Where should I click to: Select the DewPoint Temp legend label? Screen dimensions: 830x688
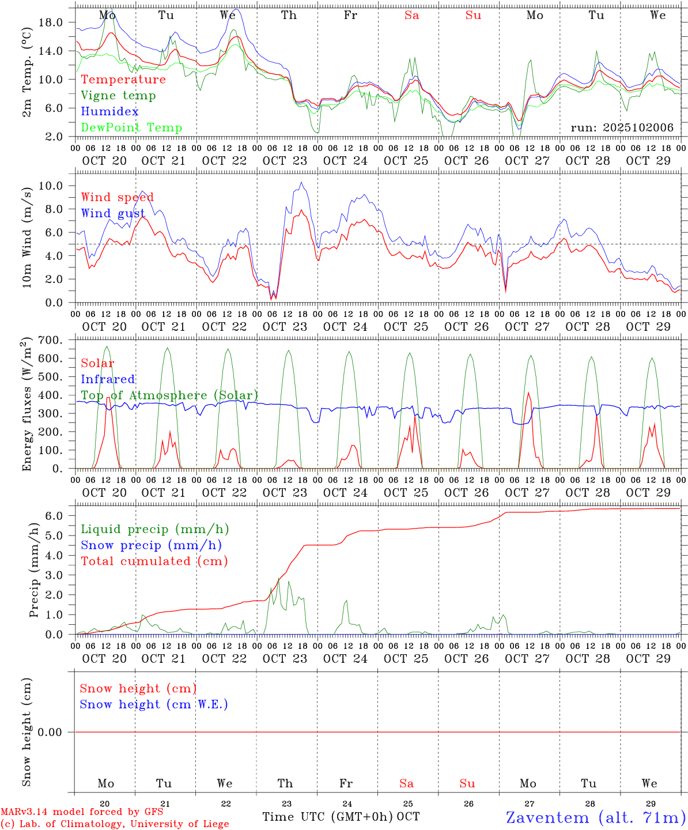(x=131, y=127)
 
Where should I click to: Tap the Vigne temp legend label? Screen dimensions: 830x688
(x=118, y=95)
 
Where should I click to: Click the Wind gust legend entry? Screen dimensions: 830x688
(x=113, y=213)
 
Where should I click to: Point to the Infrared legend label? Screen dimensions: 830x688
(x=108, y=379)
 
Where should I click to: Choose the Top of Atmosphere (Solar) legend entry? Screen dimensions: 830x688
(x=169, y=395)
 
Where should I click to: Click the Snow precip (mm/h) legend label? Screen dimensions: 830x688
(x=151, y=545)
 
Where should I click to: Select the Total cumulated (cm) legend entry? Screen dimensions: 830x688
(x=154, y=561)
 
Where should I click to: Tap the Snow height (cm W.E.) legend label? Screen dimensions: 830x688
(x=154, y=704)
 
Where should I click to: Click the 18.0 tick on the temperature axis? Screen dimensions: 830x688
(x=51, y=22)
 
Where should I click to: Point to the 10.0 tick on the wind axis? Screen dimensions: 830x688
(x=51, y=186)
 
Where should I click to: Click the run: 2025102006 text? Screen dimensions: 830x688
(x=622, y=127)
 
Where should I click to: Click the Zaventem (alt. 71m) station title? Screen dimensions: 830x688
(x=596, y=817)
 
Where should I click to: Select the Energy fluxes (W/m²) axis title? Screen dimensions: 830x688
(x=27, y=405)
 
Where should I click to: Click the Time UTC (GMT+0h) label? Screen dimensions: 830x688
(x=328, y=817)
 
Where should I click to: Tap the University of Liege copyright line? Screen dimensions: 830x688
(x=115, y=824)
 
